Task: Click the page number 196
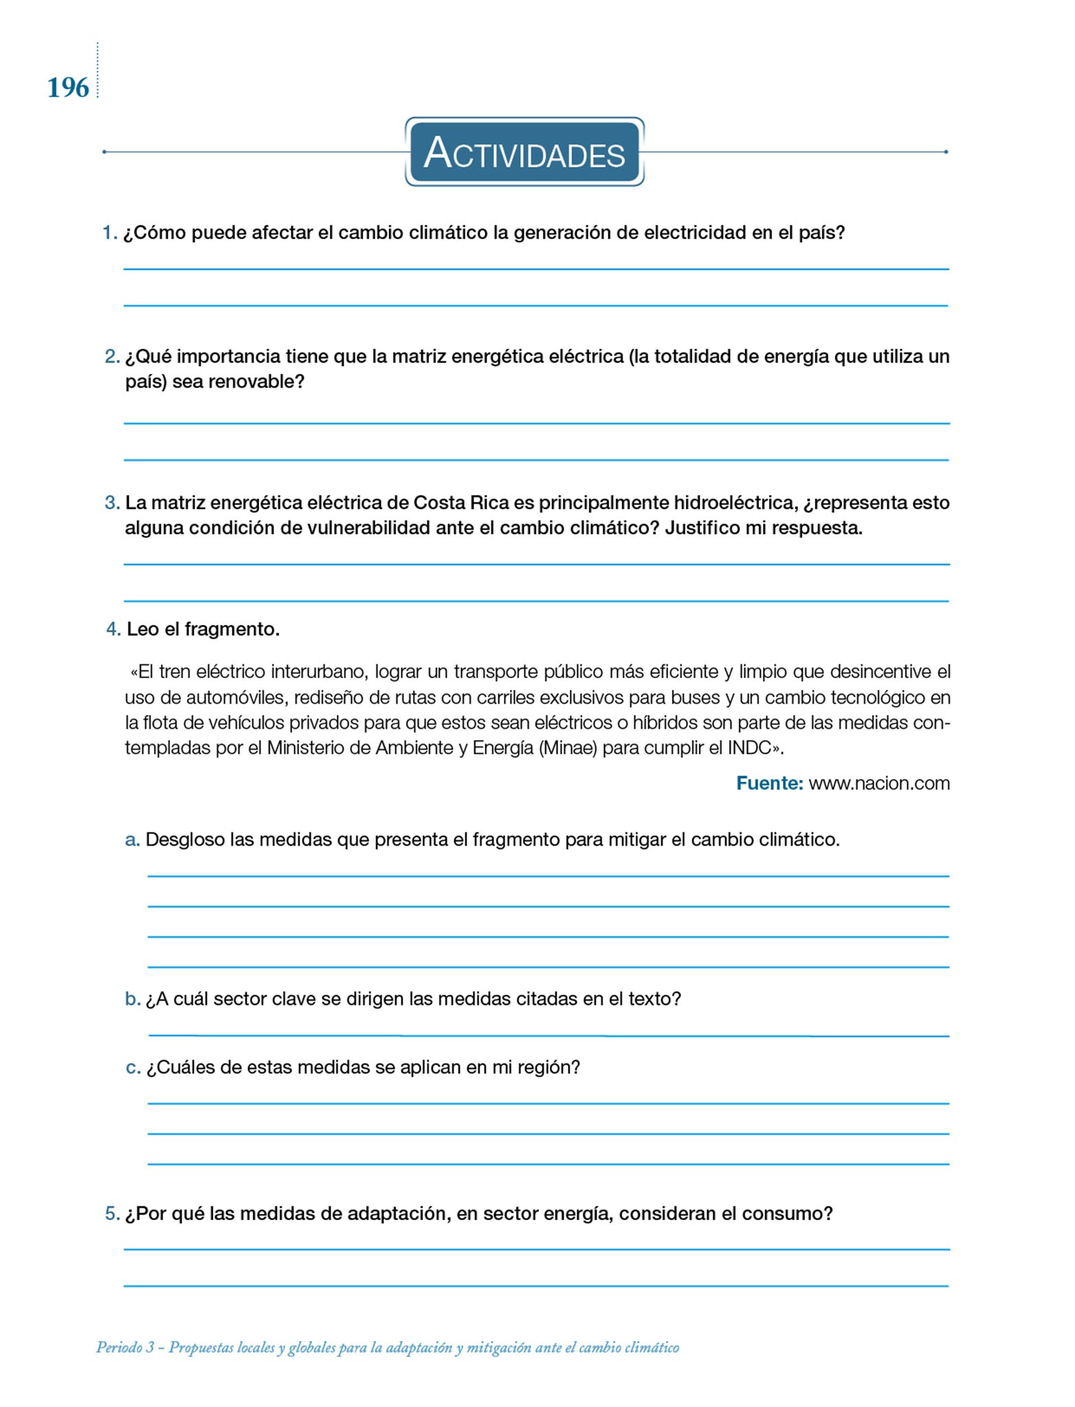68,88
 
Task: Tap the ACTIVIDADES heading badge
524,152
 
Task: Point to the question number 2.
112,357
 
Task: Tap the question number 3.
112,503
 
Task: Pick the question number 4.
113,629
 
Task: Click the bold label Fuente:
769,783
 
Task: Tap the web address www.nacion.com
879,783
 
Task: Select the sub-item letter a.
132,840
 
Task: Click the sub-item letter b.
132,999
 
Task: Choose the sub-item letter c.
133,1068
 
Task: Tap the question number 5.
112,1214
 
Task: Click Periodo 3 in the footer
124,1348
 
